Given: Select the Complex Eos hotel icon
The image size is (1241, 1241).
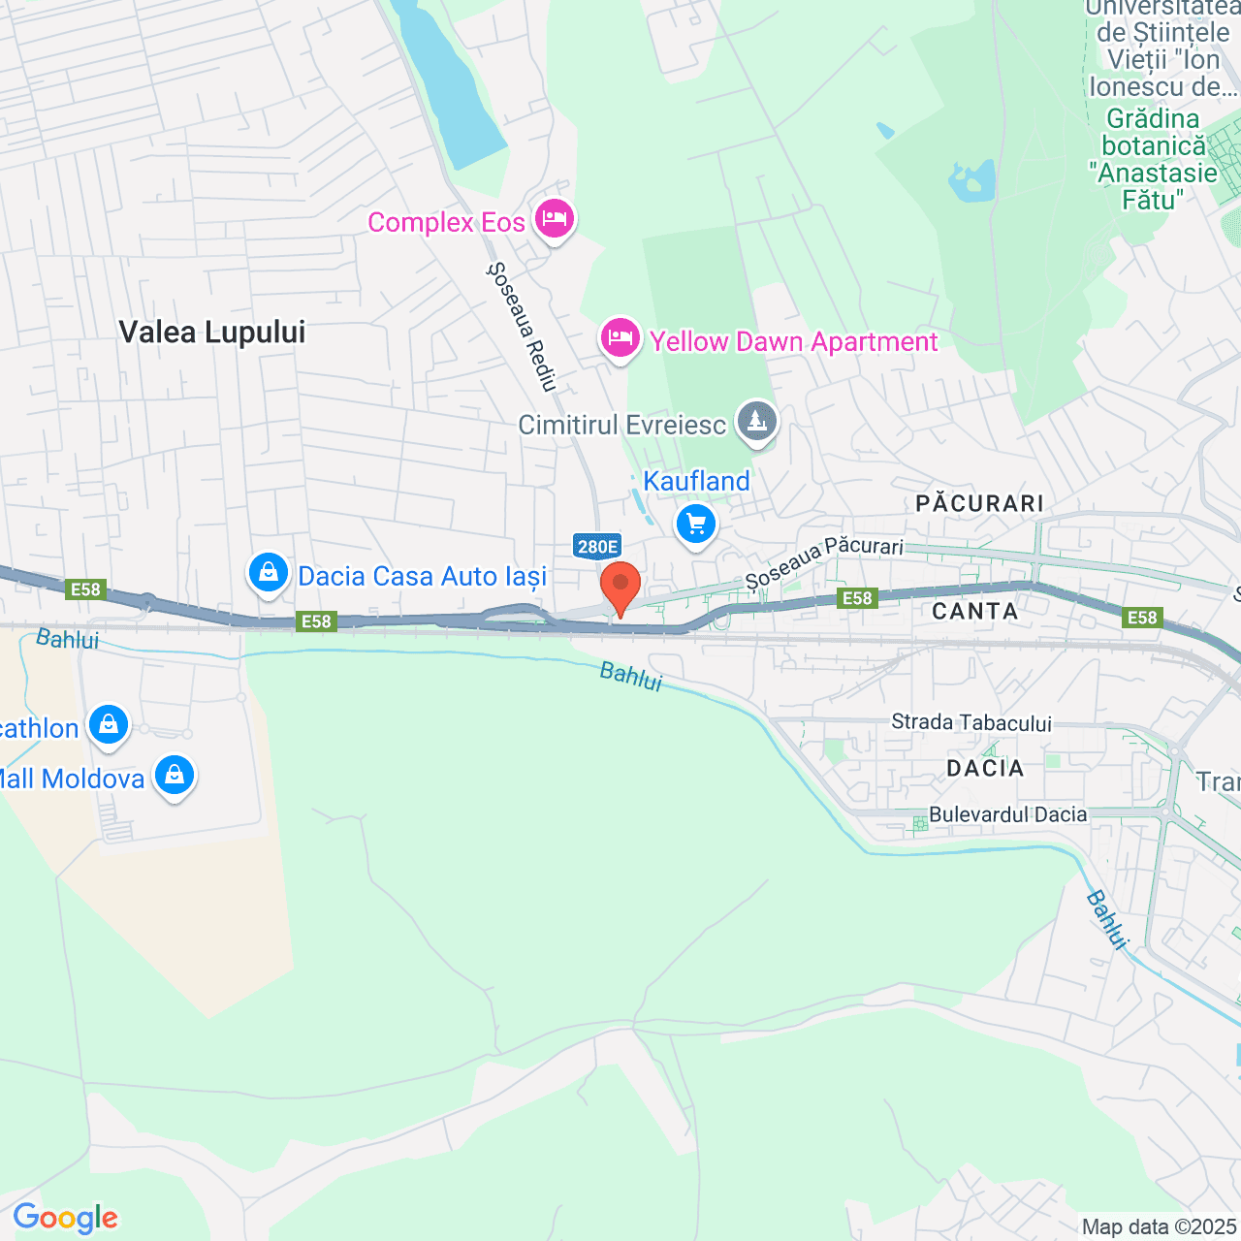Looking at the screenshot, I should coord(554,219).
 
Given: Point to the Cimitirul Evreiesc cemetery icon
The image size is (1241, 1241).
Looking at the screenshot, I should coord(756,423).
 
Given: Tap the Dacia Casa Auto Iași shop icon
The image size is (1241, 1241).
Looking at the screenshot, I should coord(269,573).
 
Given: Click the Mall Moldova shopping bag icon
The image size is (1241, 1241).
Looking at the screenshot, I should coord(175,776).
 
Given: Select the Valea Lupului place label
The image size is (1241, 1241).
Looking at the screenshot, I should coord(212,333).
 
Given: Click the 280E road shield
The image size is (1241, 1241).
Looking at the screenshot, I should coord(597,547).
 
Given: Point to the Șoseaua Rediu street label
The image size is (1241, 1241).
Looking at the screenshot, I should coord(523,327).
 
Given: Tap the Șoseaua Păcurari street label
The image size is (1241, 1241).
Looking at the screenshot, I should coord(824,561).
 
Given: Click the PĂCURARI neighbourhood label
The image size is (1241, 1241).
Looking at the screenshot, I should coord(979,503).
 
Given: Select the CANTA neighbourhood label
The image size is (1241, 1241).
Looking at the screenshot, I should coord(974,611).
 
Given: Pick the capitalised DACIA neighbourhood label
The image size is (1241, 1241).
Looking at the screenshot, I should coord(985,768).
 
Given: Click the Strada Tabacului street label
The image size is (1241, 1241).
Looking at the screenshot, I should coord(971,722).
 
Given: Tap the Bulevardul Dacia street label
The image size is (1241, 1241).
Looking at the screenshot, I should coord(1007,814).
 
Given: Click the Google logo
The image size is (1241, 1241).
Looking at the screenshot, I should coord(66,1218).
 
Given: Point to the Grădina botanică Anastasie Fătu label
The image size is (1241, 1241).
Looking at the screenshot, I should coord(1153,159).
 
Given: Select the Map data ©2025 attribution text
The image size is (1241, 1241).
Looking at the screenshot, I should coord(1160,1226).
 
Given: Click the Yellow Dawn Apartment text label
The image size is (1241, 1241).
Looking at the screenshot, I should coord(793,341).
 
